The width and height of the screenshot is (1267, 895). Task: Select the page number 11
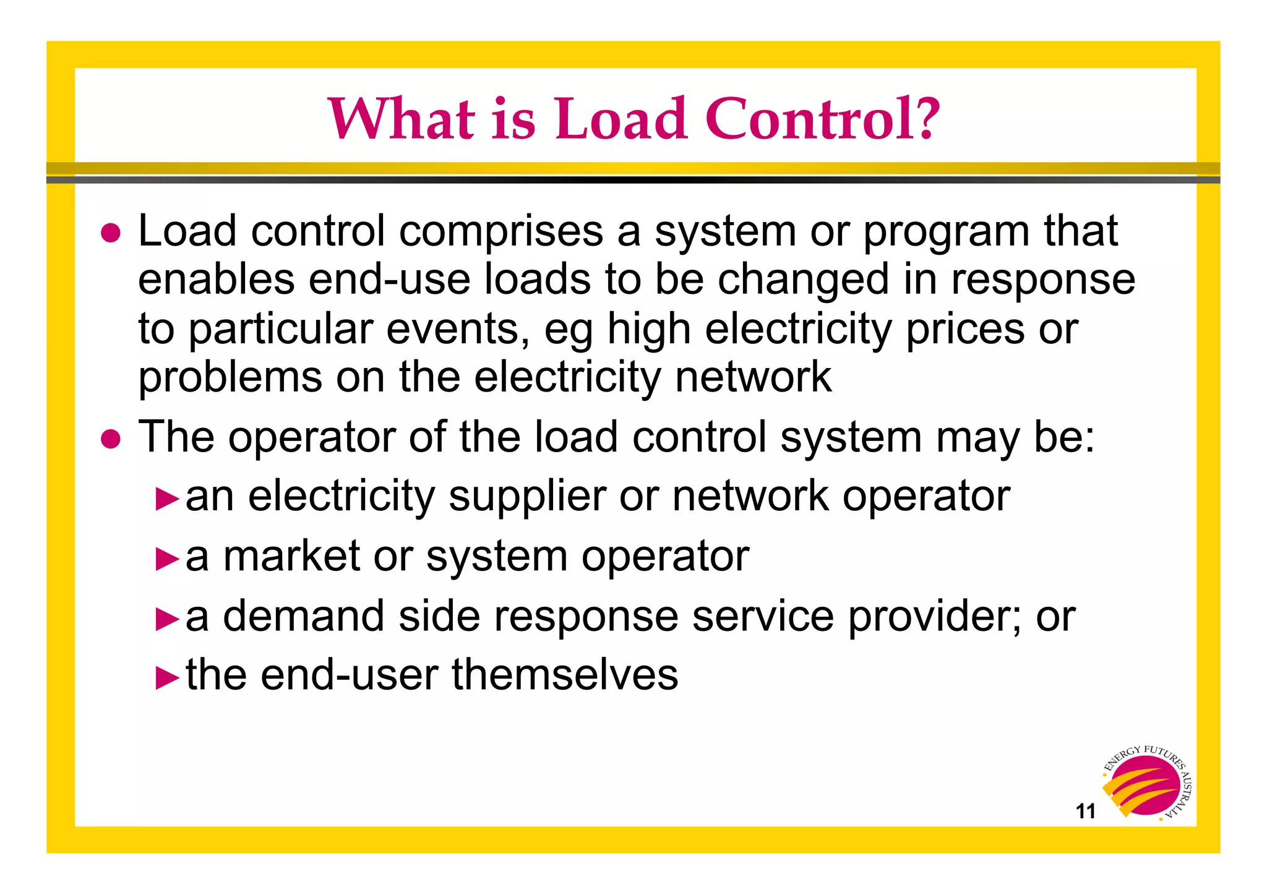click(x=1086, y=811)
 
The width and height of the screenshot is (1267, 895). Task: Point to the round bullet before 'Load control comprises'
click(x=111, y=234)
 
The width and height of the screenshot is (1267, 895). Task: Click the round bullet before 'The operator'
click(x=111, y=439)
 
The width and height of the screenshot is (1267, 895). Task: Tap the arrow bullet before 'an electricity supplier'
click(x=167, y=499)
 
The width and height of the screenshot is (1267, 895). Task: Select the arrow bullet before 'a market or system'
click(x=167, y=559)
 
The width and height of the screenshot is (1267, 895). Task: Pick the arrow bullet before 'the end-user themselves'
click(x=167, y=677)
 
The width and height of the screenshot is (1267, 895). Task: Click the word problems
click(x=230, y=377)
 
